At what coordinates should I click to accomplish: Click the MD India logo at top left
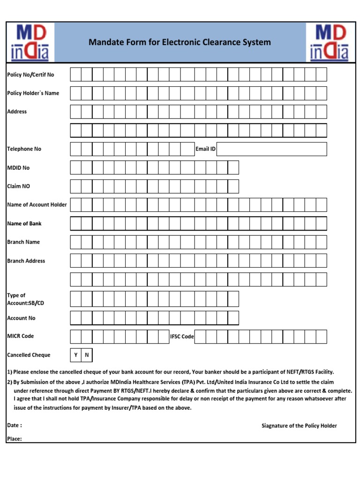(30, 43)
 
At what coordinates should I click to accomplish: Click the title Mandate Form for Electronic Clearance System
(180, 43)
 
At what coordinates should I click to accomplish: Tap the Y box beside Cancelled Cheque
(76, 355)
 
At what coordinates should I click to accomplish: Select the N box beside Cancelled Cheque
(87, 355)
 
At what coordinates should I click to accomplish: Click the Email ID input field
(272, 149)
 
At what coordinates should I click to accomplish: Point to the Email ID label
(205, 149)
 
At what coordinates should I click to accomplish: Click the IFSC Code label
(181, 337)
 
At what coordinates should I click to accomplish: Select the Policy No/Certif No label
(30, 75)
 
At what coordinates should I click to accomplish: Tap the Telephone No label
(24, 149)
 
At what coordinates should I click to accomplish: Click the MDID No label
(18, 167)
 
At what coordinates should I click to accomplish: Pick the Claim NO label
(18, 186)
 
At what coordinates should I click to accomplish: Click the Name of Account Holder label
(37, 205)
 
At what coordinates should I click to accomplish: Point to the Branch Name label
(23, 242)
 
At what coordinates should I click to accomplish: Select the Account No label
(21, 318)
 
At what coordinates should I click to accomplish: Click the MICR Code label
(21, 336)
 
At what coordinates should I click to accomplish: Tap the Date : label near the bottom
(15, 425)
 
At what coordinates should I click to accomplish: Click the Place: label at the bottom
(15, 439)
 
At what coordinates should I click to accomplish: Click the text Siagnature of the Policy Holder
(299, 426)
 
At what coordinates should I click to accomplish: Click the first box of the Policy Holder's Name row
(76, 93)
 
